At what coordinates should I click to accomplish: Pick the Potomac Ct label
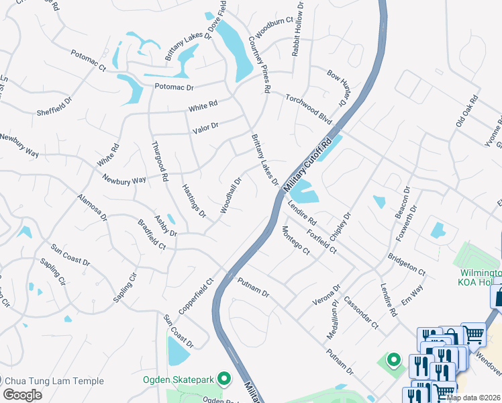pyautogui.click(x=89, y=60)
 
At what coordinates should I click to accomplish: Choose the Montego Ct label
pyautogui.click(x=295, y=240)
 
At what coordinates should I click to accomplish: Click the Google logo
pyautogui.click(x=22, y=395)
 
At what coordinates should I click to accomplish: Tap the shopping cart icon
pyautogui.click(x=474, y=333)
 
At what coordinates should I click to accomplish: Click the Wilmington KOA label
pyautogui.click(x=481, y=278)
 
